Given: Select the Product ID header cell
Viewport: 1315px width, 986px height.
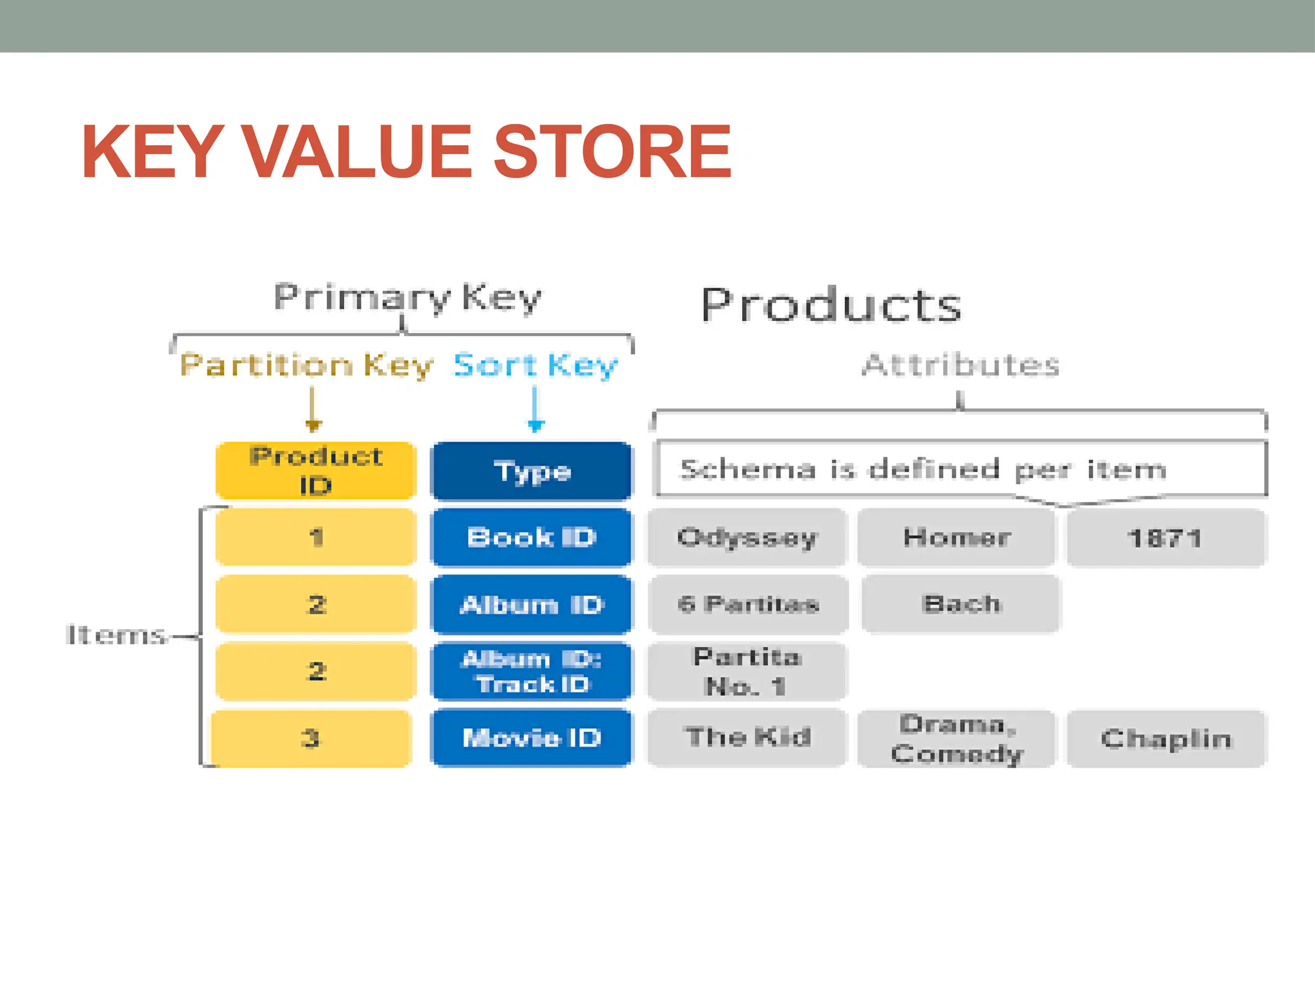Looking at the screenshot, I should pyautogui.click(x=316, y=471).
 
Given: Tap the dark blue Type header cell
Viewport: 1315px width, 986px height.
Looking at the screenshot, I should pyautogui.click(x=532, y=471).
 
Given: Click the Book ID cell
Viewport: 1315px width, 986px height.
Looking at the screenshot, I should pyautogui.click(x=532, y=537).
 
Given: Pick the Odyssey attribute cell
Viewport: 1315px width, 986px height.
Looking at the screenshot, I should pyautogui.click(x=747, y=537).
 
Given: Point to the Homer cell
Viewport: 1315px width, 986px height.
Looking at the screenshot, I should pyautogui.click(x=957, y=537).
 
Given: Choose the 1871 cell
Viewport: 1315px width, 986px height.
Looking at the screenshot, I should pyautogui.click(x=1165, y=538).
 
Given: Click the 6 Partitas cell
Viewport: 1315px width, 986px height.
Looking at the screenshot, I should pyautogui.click(x=748, y=604).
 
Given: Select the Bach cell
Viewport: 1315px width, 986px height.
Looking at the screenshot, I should pyautogui.click(x=961, y=604).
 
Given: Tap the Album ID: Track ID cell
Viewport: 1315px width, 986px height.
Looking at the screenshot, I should pyautogui.click(x=532, y=671).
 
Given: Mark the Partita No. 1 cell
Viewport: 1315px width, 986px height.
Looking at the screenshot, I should pyautogui.click(x=747, y=671).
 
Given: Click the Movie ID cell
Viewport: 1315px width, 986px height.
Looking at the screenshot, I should pyautogui.click(x=532, y=738).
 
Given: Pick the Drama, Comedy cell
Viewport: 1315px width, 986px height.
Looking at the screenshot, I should pyautogui.click(x=957, y=738).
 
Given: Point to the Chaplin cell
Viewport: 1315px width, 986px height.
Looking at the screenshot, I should pyautogui.click(x=1166, y=738).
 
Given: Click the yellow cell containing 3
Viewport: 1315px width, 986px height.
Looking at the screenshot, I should pyautogui.click(x=311, y=738).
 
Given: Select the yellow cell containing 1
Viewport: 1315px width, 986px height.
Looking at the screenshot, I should pyautogui.click(x=316, y=537).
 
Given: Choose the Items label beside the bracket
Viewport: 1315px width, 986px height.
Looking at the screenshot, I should pyautogui.click(x=116, y=635).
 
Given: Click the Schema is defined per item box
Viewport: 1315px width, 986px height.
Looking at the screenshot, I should pyautogui.click(x=960, y=469).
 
